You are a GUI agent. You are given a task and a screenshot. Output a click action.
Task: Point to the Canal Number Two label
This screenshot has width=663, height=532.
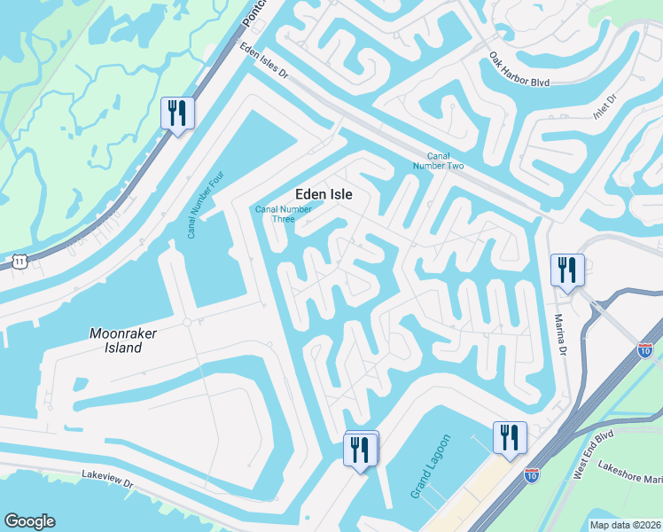click(440, 160)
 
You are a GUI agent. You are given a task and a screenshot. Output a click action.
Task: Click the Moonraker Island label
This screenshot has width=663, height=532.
click(115, 340)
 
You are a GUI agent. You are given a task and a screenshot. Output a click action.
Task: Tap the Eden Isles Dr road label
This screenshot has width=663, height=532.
click(264, 63)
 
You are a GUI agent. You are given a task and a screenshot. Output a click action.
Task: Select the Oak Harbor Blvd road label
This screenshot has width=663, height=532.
click(519, 71)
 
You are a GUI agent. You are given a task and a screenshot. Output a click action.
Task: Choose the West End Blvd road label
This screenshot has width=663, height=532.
click(592, 454)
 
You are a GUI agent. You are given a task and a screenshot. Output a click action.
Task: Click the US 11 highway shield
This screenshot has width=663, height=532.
click(19, 260)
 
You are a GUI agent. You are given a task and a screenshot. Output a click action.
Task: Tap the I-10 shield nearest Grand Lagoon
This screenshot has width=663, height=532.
click(532, 476)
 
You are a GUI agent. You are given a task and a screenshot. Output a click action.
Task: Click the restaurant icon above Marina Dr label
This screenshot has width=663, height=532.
click(567, 269)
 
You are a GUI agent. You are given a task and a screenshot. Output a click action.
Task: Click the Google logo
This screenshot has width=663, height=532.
click(29, 520)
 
